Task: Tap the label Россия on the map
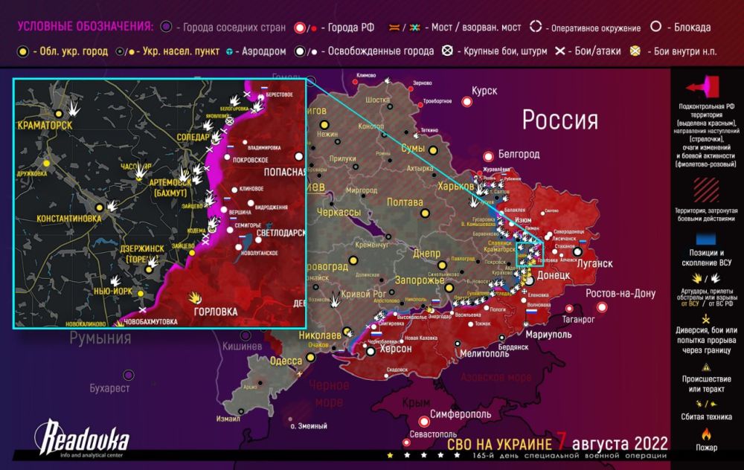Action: (559, 120)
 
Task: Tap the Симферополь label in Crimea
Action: (459, 413)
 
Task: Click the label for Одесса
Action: (286, 361)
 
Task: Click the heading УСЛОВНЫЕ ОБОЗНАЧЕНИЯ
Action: (84, 27)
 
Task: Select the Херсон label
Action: (395, 349)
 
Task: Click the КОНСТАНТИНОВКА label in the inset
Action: (68, 219)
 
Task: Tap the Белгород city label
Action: (519, 155)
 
